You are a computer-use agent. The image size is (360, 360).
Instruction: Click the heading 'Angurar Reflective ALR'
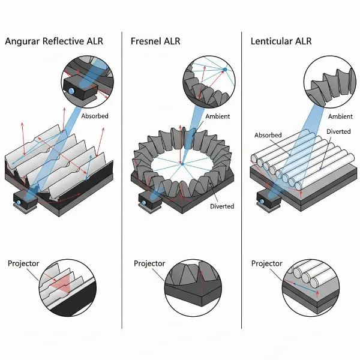coord(54,41)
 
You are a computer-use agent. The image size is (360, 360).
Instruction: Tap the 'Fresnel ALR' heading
coord(155,41)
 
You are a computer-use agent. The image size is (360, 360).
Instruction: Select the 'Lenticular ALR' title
coord(281,41)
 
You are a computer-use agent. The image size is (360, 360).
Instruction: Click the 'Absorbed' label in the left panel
coord(95,116)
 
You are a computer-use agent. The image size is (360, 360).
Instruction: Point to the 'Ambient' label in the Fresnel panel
coord(217,116)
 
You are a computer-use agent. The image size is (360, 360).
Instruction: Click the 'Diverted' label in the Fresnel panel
coord(222,206)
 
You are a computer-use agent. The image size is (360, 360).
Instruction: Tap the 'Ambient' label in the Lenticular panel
coord(340,116)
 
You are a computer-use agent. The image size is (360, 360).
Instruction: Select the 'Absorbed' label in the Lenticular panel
coord(268,135)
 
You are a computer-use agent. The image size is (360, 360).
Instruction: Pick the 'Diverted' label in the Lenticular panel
coord(338,131)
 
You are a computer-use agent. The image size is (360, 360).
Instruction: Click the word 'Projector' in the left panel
coord(23,263)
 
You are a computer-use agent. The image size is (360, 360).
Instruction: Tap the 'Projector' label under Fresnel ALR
coord(149,263)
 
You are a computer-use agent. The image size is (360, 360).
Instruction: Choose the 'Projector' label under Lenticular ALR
coord(267,263)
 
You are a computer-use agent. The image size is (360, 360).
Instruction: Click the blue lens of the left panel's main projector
coord(19,203)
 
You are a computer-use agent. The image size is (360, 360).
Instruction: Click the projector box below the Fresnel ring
coord(151,200)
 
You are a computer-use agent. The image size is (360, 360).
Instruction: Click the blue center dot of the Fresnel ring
coord(182,164)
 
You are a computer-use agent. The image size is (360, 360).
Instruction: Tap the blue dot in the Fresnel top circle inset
coord(225,70)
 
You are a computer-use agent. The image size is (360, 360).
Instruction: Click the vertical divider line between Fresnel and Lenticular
coord(242,180)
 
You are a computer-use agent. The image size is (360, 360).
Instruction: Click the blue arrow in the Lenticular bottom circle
coord(305,288)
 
